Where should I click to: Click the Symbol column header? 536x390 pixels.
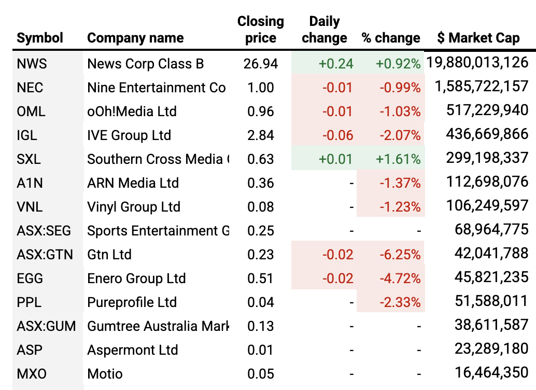[x=40, y=38]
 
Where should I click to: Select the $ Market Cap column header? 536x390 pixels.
[x=478, y=38]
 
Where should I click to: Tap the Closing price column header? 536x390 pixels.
[x=261, y=30]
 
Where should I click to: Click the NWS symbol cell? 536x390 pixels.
[x=32, y=64]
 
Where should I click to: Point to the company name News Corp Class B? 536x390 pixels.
[x=145, y=64]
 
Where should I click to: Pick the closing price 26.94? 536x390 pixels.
[x=261, y=64]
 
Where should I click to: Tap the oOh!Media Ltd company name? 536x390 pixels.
[x=132, y=112]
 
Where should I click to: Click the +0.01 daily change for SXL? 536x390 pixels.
[x=336, y=159]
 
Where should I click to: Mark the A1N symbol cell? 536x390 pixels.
[x=30, y=183]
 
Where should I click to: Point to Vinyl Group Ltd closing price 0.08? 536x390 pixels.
[x=261, y=207]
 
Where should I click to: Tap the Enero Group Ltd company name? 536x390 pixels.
[x=136, y=278]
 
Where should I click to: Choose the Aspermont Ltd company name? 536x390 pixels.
[x=132, y=350]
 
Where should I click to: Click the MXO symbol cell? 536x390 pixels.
[x=30, y=374]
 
